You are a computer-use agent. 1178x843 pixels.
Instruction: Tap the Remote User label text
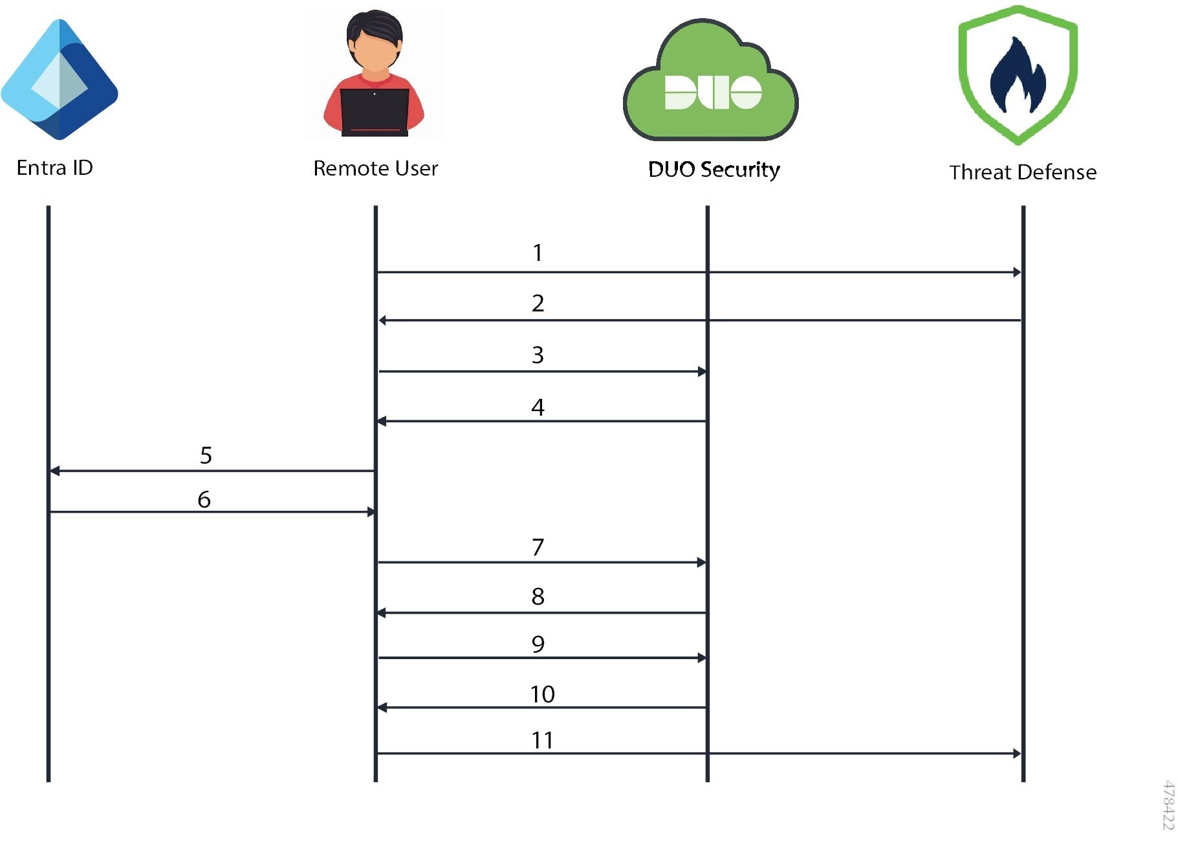tap(375, 168)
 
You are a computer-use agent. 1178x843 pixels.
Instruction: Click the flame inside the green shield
tap(1018, 76)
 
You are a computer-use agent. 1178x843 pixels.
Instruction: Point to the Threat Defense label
tap(1023, 172)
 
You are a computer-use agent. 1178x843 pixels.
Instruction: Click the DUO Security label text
tap(714, 170)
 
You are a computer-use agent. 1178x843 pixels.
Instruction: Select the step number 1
tap(538, 253)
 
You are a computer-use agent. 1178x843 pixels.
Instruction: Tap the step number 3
tap(538, 355)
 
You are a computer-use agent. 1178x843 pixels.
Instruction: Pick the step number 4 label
tap(538, 407)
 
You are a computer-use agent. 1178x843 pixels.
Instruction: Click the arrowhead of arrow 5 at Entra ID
tap(55, 471)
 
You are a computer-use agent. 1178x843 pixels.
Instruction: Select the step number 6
tap(204, 499)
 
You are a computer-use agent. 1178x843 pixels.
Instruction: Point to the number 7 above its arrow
tap(538, 547)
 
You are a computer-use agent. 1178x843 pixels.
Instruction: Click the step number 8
tap(538, 596)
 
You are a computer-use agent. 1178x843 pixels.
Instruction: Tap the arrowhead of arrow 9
tap(702, 658)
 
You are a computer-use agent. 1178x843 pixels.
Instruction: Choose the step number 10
tap(542, 694)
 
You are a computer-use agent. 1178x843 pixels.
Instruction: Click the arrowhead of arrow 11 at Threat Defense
tap(1017, 754)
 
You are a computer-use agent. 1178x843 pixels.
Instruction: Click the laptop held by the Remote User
tap(375, 111)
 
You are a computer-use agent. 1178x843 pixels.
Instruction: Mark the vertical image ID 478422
tap(1168, 805)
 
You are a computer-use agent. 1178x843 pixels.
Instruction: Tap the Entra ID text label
tap(55, 168)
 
